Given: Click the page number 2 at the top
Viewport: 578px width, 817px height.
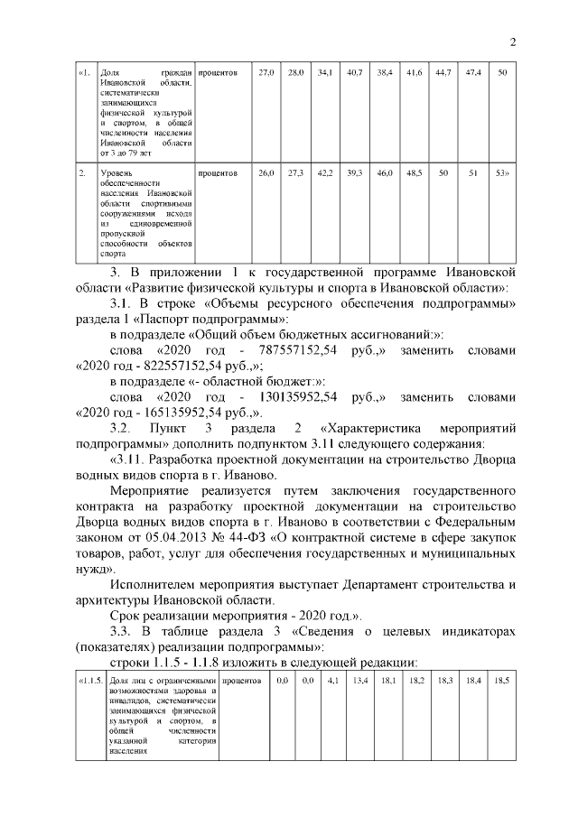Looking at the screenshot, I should pyautogui.click(x=512, y=42).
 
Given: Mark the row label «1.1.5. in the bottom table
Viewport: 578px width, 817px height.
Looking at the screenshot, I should pyautogui.click(x=89, y=680).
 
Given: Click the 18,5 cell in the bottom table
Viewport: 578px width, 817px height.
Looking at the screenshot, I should pyautogui.click(x=502, y=680).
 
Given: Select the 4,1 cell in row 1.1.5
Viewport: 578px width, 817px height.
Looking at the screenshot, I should pyautogui.click(x=331, y=680).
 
